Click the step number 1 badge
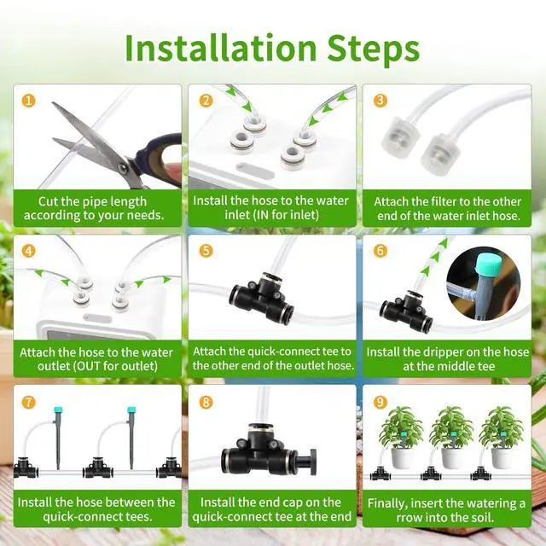[30, 101]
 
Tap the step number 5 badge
[206, 252]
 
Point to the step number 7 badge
[30, 402]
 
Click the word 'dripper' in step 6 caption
[436, 351]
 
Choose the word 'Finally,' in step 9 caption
[401, 502]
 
